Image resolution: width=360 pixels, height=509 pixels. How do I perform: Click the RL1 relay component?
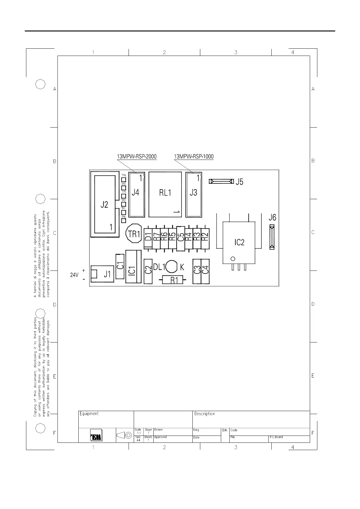click(165, 194)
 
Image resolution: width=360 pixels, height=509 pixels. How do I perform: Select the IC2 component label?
click(239, 242)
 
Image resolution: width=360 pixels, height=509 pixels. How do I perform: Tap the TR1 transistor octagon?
click(134, 233)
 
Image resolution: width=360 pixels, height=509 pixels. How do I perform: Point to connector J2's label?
click(104, 205)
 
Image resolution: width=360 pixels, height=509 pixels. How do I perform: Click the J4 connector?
click(137, 195)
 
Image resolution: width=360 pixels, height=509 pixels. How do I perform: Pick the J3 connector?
click(194, 195)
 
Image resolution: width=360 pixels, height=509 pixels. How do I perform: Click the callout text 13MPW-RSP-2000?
click(137, 157)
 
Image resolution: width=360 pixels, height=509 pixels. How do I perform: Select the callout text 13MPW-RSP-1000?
click(194, 157)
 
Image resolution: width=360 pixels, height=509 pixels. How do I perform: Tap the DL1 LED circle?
click(171, 267)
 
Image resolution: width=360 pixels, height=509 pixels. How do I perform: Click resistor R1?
click(172, 280)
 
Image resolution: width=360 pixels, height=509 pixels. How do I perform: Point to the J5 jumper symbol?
click(221, 181)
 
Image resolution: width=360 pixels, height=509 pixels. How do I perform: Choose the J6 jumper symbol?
click(272, 237)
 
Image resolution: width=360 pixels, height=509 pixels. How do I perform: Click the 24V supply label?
click(74, 275)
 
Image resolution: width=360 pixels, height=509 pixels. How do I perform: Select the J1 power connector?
click(102, 274)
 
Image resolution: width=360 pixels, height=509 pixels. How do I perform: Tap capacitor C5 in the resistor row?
click(181, 238)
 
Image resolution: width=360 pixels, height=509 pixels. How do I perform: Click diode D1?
click(148, 238)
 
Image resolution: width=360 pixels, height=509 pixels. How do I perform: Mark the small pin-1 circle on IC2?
click(233, 259)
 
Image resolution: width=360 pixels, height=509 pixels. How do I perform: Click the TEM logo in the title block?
click(96, 435)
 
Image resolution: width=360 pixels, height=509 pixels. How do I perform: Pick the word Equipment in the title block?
click(89, 414)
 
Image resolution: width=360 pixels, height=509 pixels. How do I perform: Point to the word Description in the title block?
click(205, 414)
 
